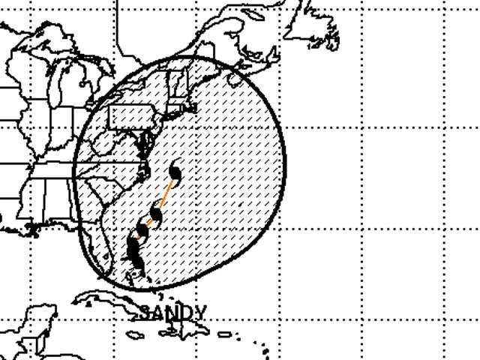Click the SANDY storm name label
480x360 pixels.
(x=173, y=311)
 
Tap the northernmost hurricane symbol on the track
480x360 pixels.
(x=175, y=174)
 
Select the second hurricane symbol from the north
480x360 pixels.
(x=156, y=215)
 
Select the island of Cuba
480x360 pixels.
(x=112, y=304)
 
